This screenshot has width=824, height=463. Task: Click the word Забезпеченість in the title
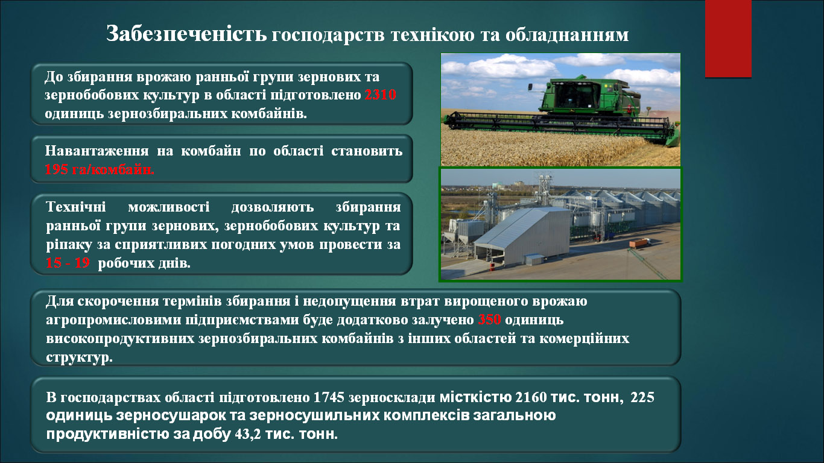click(186, 34)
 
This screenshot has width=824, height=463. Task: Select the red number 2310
click(381, 95)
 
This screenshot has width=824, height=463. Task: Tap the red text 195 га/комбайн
click(100, 169)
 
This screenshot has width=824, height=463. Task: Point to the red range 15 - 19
click(68, 263)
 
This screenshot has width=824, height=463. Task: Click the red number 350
click(489, 320)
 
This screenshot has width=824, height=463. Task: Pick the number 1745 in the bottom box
click(329, 397)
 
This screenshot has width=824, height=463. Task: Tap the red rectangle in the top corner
click(728, 39)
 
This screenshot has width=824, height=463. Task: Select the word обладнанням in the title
click(567, 35)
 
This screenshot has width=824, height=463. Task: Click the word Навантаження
click(97, 151)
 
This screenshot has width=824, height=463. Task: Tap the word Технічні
click(76, 207)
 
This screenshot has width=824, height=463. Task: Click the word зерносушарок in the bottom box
click(171, 416)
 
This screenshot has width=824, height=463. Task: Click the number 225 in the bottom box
click(642, 397)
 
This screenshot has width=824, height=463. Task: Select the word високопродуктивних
click(120, 339)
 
